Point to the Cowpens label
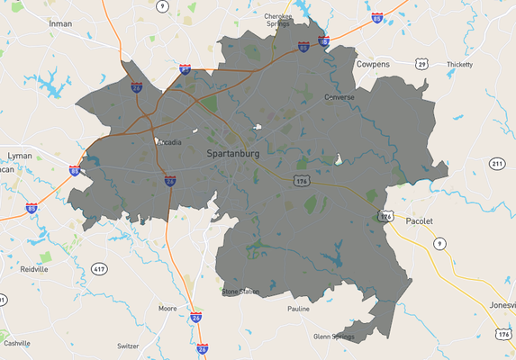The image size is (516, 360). [x=373, y=66]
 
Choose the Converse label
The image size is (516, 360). [x=339, y=96]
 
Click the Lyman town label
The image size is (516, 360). [x=20, y=156]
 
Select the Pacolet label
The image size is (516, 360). [x=420, y=220]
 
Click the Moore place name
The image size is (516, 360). [x=167, y=308]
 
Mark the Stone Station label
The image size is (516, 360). [x=240, y=292]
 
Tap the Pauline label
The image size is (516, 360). [x=298, y=309]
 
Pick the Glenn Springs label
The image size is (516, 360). [x=334, y=337]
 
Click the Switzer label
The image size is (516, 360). [x=129, y=346]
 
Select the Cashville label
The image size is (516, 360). [x=16, y=343]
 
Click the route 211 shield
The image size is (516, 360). [x=496, y=164]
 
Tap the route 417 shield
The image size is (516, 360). [x=98, y=268]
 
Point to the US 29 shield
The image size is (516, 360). [x=421, y=63]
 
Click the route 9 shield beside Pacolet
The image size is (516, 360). [x=439, y=244]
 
